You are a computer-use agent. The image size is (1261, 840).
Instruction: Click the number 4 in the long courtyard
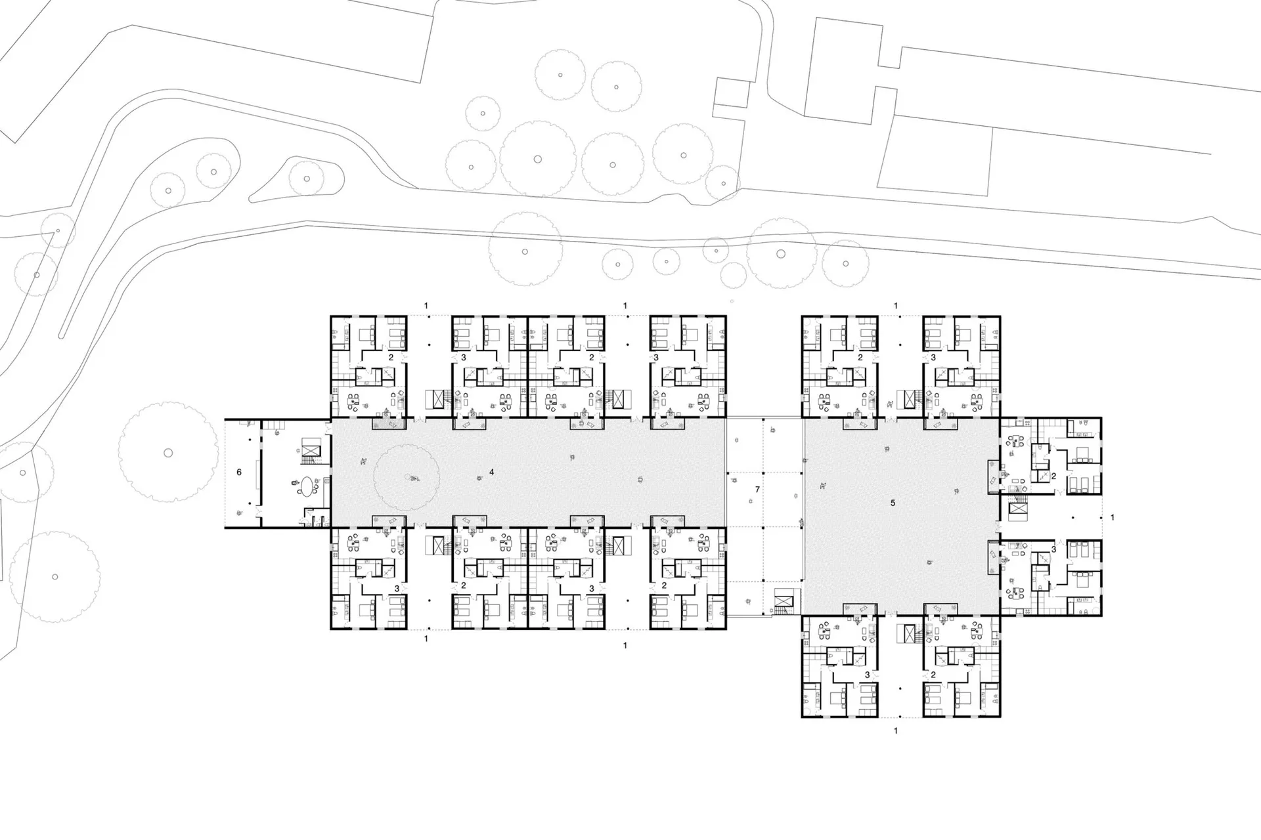(x=491, y=472)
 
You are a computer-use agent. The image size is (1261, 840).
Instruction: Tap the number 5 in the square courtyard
(x=893, y=503)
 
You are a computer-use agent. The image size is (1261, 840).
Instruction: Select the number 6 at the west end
(x=239, y=472)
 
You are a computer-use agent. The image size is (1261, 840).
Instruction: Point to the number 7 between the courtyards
(x=757, y=490)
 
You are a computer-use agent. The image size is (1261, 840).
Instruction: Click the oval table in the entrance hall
(x=307, y=487)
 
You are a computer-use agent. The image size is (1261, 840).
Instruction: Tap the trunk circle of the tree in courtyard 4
(x=407, y=477)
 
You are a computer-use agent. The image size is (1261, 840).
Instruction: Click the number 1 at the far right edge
(x=1113, y=518)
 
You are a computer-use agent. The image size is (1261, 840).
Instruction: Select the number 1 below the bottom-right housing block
(x=896, y=730)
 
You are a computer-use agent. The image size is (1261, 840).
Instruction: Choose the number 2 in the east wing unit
(x=1053, y=476)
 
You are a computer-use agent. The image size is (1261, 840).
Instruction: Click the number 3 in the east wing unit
(x=1053, y=549)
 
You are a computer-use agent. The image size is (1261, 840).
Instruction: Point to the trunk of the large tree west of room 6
(x=168, y=453)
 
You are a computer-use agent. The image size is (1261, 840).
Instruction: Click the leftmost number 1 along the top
(x=426, y=306)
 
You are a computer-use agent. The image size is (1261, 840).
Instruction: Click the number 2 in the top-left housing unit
(x=391, y=358)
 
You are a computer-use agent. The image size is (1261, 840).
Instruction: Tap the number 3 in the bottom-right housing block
(x=867, y=675)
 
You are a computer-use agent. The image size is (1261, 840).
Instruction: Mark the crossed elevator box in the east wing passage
(x=1017, y=507)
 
